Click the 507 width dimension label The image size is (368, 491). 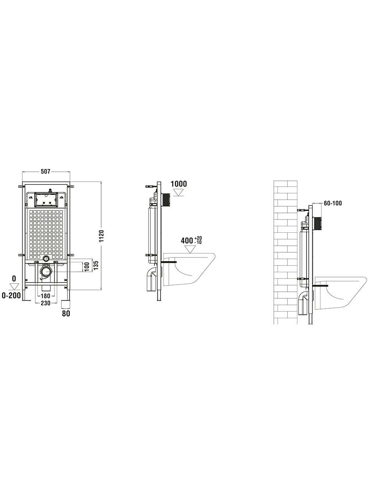point(45,172)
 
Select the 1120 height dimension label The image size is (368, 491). point(102,236)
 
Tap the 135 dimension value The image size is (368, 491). point(96,265)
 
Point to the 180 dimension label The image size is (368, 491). point(45,296)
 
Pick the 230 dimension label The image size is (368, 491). point(45,303)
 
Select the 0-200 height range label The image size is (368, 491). point(11,295)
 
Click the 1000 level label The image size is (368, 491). point(179,184)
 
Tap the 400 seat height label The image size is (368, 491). point(187,241)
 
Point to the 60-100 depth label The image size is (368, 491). point(333,203)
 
